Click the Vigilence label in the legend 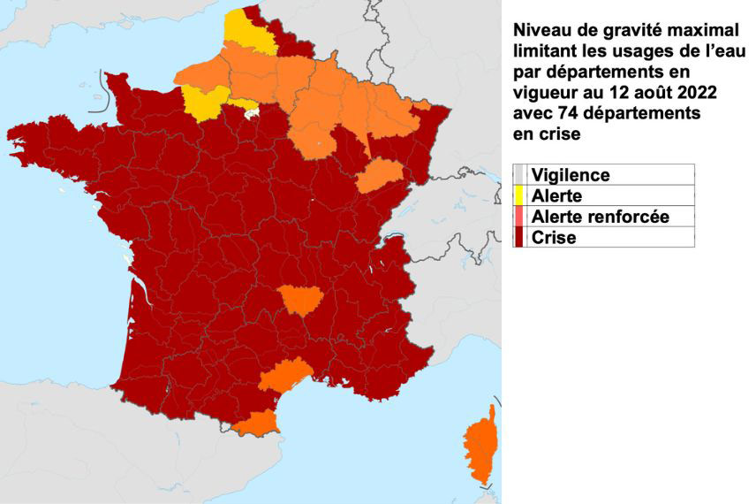click(x=571, y=175)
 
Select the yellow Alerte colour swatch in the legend click(x=519, y=196)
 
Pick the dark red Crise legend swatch click(x=519, y=237)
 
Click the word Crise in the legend click(x=554, y=237)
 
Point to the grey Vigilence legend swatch click(x=519, y=175)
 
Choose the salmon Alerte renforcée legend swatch click(x=519, y=217)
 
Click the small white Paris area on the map click(x=252, y=112)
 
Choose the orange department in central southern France click(x=301, y=301)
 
